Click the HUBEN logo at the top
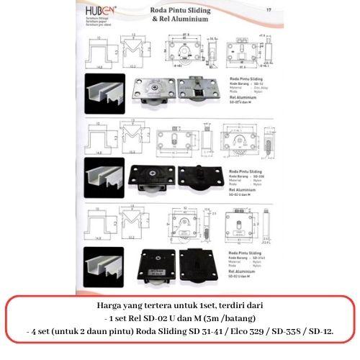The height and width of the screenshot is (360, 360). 103,12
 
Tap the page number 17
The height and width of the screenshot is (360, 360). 267,9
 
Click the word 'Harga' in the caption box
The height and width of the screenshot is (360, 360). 110,305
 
